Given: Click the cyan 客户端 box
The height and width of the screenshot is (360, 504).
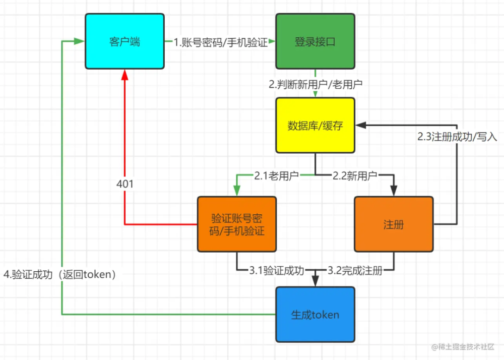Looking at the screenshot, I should tap(124, 41).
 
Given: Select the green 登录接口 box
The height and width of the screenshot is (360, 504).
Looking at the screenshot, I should tap(315, 41).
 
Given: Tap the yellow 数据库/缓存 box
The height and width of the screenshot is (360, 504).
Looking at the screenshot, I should tap(315, 125).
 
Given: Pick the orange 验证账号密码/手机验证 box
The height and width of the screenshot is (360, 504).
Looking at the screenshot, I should tap(237, 224).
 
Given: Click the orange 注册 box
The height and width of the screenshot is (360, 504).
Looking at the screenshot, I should tap(394, 224).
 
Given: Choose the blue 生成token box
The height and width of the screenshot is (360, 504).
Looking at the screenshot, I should tap(315, 315).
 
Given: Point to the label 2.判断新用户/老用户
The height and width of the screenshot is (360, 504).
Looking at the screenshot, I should tap(316, 84).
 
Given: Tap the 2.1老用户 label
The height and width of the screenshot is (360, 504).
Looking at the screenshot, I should tap(276, 175).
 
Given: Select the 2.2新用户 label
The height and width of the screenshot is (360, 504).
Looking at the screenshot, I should tap(355, 175).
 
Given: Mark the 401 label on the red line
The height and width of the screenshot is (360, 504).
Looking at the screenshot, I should tap(125, 184).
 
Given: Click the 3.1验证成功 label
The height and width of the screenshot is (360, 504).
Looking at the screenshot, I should tap(276, 270).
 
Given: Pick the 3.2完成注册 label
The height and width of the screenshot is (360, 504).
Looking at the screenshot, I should tap(354, 270).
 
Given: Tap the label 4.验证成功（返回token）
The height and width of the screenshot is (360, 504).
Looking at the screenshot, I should tap(60, 275).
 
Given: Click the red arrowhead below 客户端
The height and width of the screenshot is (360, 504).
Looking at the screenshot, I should tap(124, 74).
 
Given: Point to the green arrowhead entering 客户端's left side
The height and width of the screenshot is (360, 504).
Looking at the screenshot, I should tap(79, 41).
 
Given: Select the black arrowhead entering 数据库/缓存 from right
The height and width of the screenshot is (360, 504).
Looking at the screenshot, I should tap(361, 125).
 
